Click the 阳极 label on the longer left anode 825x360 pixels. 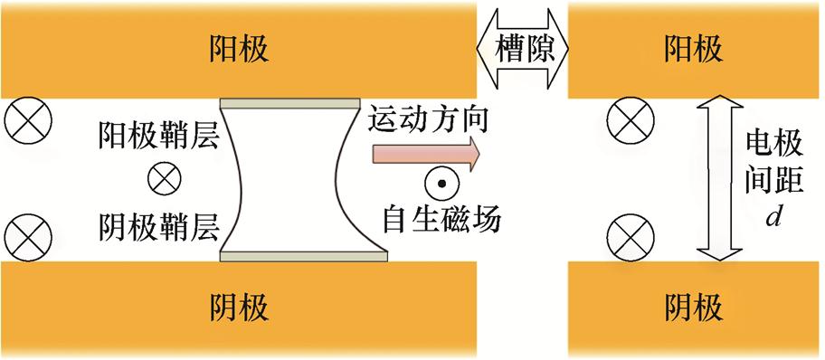tap(239, 47)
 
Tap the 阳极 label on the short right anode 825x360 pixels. tap(694, 47)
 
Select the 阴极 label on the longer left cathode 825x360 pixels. tap(239, 308)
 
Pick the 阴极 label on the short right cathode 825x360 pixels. tap(694, 308)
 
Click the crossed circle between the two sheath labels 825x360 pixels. tap(166, 180)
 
